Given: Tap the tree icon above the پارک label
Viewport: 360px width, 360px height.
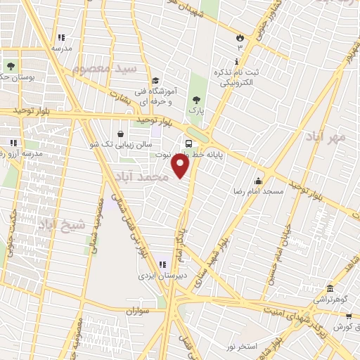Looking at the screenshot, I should point(195,100).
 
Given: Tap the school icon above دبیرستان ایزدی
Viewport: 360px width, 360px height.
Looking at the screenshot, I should point(162,264).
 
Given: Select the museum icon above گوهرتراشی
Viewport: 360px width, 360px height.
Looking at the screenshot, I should point(330,288).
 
